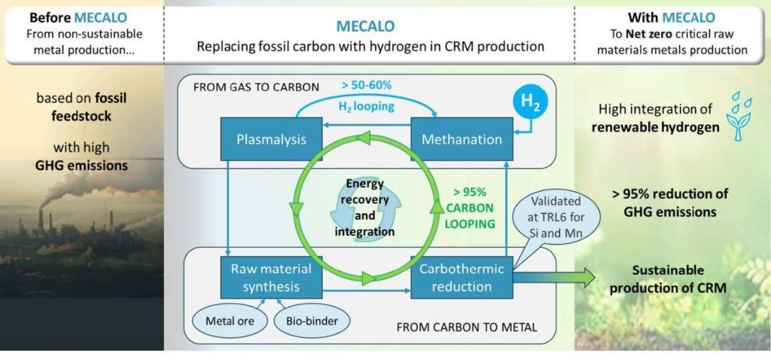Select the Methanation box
(462, 139)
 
